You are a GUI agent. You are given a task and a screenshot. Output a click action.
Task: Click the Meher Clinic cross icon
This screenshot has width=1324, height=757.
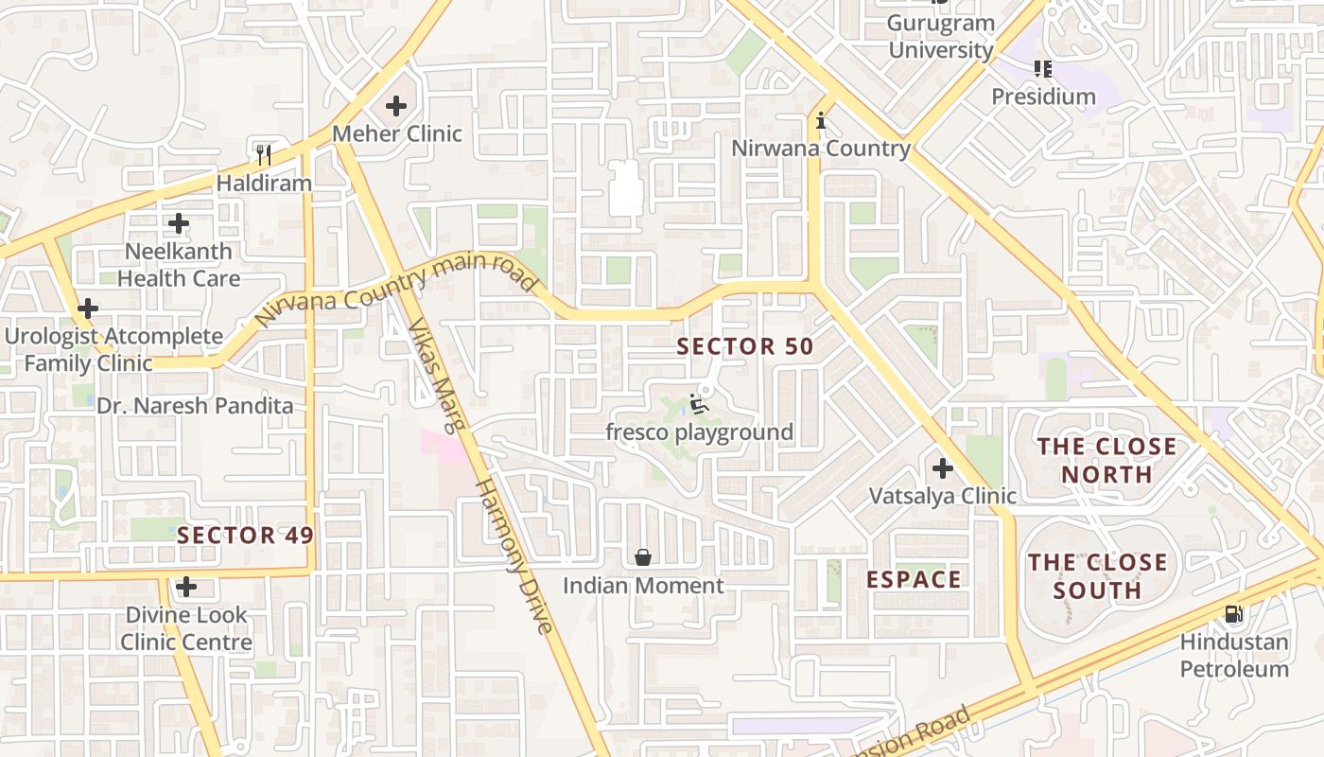pos(396,106)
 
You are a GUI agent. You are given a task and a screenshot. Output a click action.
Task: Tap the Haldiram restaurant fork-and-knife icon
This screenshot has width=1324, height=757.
pos(264,154)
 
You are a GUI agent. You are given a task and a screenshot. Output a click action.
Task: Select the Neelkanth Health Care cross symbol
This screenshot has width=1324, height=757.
pos(179,224)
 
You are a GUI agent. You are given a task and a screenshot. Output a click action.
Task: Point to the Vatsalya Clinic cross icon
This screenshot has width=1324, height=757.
pos(942,467)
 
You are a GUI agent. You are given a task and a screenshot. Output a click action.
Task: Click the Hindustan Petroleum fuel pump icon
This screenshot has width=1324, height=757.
pos(1233,614)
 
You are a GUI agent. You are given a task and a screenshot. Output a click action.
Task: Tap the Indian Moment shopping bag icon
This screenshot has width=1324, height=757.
pos(643,557)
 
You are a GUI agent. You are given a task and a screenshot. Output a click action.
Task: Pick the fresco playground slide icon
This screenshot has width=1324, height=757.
pos(700,404)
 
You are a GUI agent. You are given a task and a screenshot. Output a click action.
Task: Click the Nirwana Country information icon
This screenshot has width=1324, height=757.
pos(821,120)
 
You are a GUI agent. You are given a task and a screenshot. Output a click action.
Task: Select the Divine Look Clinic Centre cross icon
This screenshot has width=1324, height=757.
pos(186,587)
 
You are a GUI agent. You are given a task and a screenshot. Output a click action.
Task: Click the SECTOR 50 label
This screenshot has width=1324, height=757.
pos(745,347)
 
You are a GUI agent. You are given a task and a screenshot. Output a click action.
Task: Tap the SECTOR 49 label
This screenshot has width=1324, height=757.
pos(245,536)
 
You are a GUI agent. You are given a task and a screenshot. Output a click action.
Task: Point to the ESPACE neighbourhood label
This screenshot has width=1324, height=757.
pos(914,579)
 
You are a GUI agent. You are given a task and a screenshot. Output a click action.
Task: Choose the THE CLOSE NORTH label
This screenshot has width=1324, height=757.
pos(1107,460)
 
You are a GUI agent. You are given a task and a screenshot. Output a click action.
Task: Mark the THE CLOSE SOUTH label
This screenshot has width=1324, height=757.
pos(1097,576)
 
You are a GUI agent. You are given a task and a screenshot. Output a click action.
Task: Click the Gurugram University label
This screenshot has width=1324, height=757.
pos(941,37)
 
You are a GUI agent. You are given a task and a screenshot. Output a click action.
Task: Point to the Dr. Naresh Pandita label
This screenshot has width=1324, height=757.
pos(195,406)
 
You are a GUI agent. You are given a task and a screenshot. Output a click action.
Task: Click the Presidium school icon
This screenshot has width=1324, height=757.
pos(1043,68)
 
